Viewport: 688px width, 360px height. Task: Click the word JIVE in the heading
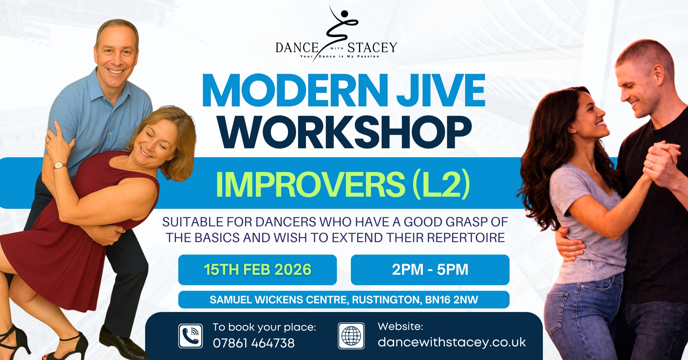tap(441, 90)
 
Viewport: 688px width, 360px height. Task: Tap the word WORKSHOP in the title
tap(345, 132)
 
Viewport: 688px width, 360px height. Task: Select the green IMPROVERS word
tap(310, 184)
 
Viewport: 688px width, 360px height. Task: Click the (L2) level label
tap(441, 184)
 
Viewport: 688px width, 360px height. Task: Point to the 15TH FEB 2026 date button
tap(257, 270)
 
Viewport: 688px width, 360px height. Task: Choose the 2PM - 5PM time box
tap(430, 270)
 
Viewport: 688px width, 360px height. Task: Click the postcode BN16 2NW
tap(451, 300)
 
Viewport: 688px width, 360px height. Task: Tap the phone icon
tap(191, 336)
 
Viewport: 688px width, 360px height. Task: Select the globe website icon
tap(351, 336)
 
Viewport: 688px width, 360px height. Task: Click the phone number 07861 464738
tap(254, 343)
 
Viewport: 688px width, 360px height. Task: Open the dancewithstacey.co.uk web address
tap(451, 342)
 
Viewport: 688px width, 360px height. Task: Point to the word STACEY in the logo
tap(372, 48)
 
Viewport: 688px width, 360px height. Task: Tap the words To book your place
tap(264, 327)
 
